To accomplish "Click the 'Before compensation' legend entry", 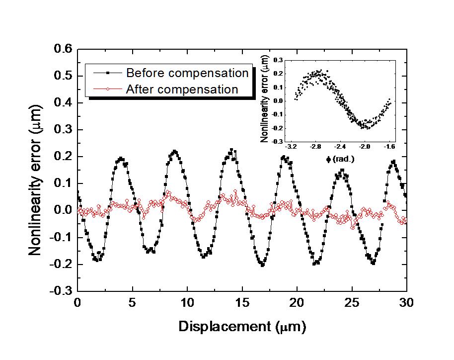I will pos(187,73).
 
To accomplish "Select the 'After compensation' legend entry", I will pos(182,90).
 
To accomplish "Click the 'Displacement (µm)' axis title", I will pos(242,327).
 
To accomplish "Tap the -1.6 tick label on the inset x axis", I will pos(389,148).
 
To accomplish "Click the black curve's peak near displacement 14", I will pos(231,149).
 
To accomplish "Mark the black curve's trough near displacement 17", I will pos(262,265).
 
